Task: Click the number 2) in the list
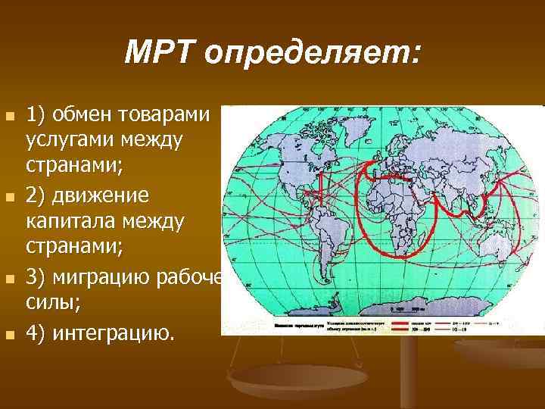point(36,195)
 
